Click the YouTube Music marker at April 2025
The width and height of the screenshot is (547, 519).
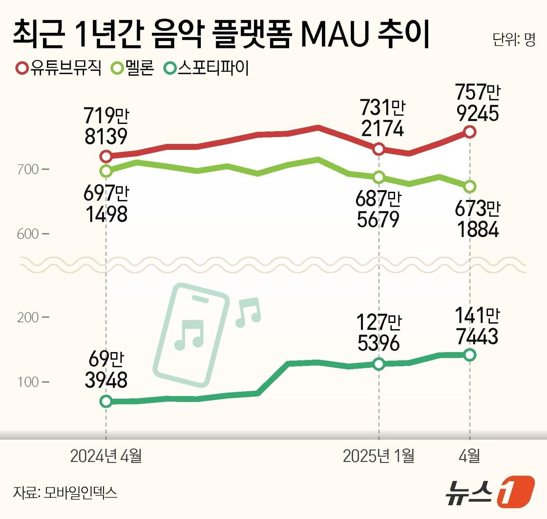[470, 132]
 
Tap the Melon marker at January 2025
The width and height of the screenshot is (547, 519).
[379, 177]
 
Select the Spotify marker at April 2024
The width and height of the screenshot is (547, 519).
[106, 401]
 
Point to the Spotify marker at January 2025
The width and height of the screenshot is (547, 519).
[379, 364]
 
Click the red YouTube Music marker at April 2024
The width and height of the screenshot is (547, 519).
[106, 157]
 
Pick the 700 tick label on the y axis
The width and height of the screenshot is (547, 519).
[28, 169]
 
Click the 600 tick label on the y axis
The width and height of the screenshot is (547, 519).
[28, 234]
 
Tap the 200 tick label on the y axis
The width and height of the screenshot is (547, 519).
[28, 317]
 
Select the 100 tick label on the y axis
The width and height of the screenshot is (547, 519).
[28, 382]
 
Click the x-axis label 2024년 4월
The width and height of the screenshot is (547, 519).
[106, 456]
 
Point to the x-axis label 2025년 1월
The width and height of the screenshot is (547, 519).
[379, 456]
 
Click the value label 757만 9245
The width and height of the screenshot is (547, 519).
[477, 103]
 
